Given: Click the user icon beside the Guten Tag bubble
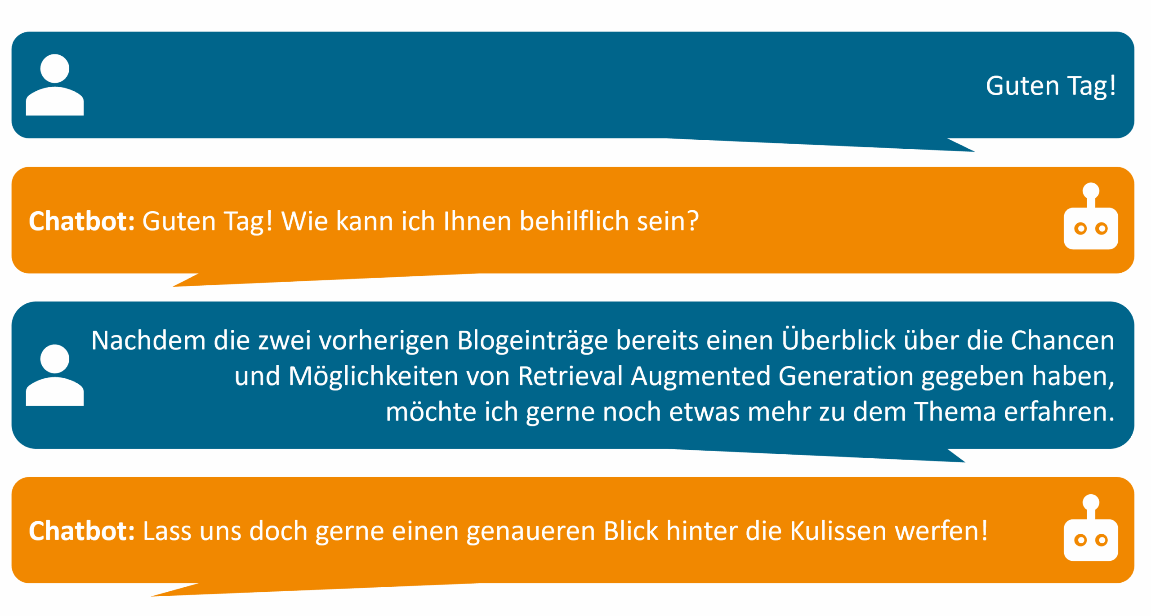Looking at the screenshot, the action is point(54,85).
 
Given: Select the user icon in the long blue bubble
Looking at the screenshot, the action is point(54,375).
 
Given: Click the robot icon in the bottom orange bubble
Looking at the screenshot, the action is point(1090,527).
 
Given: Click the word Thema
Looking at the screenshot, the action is point(955,412).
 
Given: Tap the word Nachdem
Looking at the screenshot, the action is point(148,340).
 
